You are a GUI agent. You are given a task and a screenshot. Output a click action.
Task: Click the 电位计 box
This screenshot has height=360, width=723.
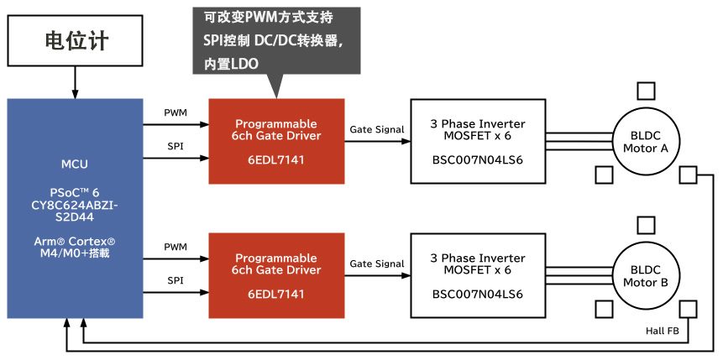(76, 40)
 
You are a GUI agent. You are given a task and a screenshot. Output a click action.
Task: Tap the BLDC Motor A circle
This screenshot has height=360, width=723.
(645, 141)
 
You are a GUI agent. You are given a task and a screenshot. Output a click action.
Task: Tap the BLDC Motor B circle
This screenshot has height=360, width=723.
(645, 276)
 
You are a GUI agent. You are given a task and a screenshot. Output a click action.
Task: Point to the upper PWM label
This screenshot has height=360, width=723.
(176, 112)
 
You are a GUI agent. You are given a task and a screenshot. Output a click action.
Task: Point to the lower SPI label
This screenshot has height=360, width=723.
(176, 280)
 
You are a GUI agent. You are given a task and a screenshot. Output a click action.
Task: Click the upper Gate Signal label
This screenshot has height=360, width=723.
(377, 129)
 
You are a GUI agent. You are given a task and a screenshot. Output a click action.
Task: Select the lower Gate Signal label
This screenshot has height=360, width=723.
(377, 263)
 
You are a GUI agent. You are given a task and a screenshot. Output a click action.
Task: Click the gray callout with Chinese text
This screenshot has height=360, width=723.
(276, 40)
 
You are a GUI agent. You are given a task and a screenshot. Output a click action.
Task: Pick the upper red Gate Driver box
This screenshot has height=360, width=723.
(276, 141)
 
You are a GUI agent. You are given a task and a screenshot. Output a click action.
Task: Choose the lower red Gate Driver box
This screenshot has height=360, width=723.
(276, 276)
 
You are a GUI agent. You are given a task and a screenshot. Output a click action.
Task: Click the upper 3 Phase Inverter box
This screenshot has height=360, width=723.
(477, 141)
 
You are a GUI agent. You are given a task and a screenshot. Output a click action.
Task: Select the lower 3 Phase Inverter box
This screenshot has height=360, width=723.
(477, 276)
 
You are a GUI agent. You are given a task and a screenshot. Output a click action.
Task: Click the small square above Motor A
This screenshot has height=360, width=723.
(646, 91)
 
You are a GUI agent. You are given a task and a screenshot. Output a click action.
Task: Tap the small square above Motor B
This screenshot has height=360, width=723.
(646, 225)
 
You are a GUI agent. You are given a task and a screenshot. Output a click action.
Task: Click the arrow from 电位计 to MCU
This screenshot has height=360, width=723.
(76, 82)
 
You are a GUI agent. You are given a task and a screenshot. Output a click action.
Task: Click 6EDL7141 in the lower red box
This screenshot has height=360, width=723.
(276, 295)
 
